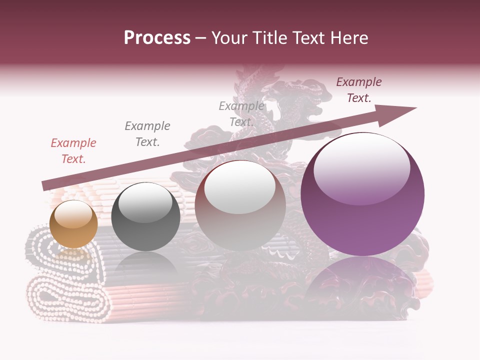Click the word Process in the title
(157, 38)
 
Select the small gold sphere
(73, 224)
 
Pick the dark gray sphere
(145, 217)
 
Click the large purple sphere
(362, 194)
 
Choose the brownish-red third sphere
(240, 206)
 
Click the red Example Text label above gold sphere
(73, 151)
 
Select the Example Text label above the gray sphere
(147, 134)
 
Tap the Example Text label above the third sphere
(241, 114)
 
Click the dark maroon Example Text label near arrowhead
(359, 90)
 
